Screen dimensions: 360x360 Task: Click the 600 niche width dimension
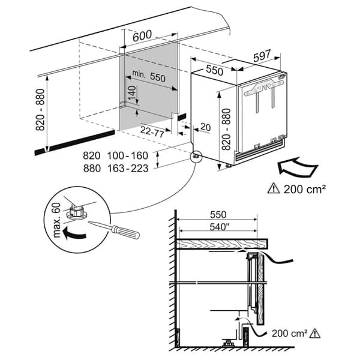[142, 35]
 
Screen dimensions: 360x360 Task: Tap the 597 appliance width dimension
[262, 56]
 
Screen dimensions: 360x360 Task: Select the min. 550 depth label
[149, 76]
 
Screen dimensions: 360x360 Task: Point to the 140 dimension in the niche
[132, 93]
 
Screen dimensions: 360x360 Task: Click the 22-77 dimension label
[152, 131]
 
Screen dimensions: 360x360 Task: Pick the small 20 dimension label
[205, 127]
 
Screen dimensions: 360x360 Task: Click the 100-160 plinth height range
[128, 155]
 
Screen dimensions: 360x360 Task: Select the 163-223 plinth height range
[128, 169]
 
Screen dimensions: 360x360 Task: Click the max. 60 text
[56, 220]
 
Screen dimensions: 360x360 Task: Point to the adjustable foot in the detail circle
[76, 212]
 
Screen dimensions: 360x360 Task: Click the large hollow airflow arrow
[298, 167]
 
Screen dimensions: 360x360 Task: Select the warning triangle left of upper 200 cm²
[274, 188]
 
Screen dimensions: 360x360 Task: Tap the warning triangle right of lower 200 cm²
[314, 333]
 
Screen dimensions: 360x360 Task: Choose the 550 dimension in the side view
[218, 215]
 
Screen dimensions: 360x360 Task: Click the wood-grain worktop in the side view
[222, 244]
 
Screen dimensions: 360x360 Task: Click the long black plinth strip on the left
[74, 142]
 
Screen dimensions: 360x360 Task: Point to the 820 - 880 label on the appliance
[226, 129]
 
